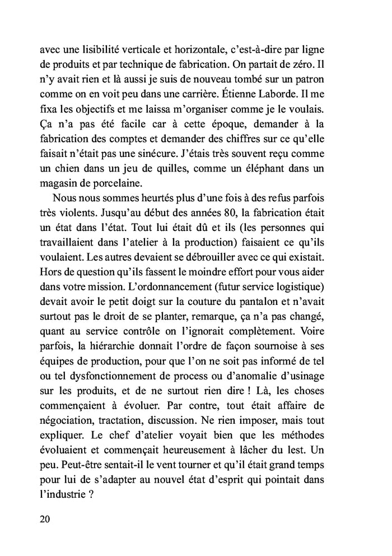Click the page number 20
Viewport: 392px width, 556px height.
45,518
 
